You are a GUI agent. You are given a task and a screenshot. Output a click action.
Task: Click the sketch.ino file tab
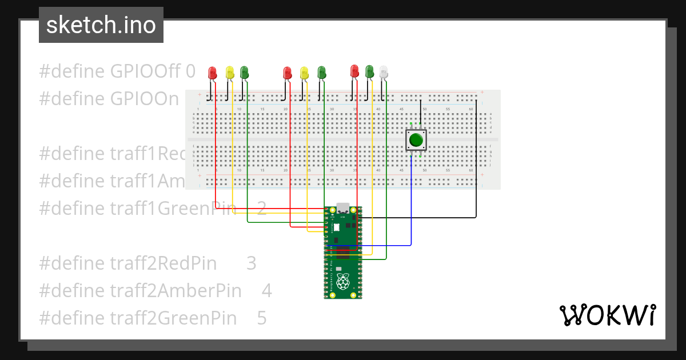pos(101,25)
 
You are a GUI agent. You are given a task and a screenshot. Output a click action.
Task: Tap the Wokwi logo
pos(607,315)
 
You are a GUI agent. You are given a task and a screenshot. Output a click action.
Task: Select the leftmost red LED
pos(213,73)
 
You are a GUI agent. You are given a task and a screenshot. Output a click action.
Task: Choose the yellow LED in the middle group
pos(304,73)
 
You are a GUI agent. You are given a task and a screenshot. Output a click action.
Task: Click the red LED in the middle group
pos(288,73)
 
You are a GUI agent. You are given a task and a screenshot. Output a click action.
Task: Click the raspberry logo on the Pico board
pos(343,281)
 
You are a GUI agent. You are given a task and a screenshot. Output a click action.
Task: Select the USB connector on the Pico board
pos(343,207)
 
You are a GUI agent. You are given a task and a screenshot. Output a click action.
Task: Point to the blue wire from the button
pos(411,206)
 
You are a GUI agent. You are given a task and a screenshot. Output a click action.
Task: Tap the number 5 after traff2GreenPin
pos(262,318)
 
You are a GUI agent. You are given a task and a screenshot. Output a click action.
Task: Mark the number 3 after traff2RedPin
pos(252,263)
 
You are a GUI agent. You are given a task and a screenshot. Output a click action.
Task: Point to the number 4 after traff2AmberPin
pos(266,291)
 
